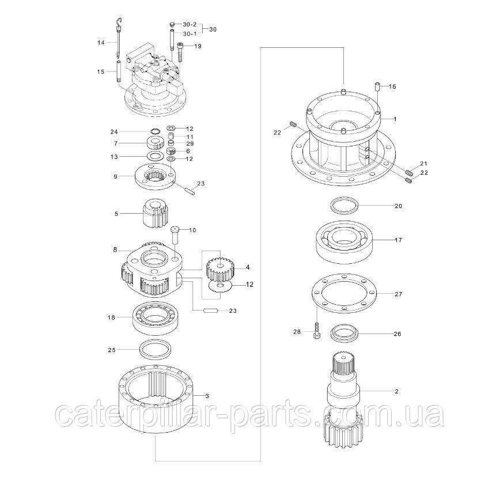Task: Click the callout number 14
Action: click(101, 43)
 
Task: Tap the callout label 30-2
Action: click(190, 24)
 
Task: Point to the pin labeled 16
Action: click(377, 86)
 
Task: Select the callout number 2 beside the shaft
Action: click(396, 391)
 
